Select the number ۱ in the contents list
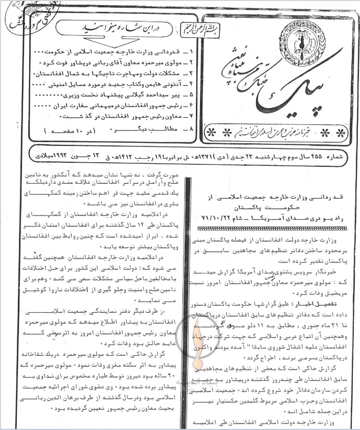191,52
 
